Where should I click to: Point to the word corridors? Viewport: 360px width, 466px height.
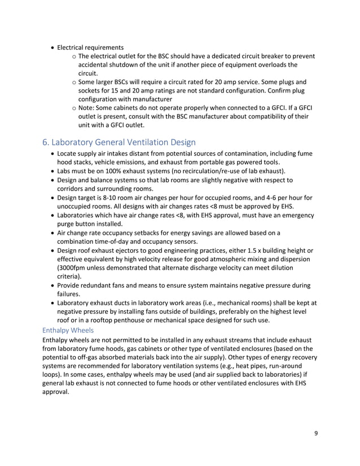73,189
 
